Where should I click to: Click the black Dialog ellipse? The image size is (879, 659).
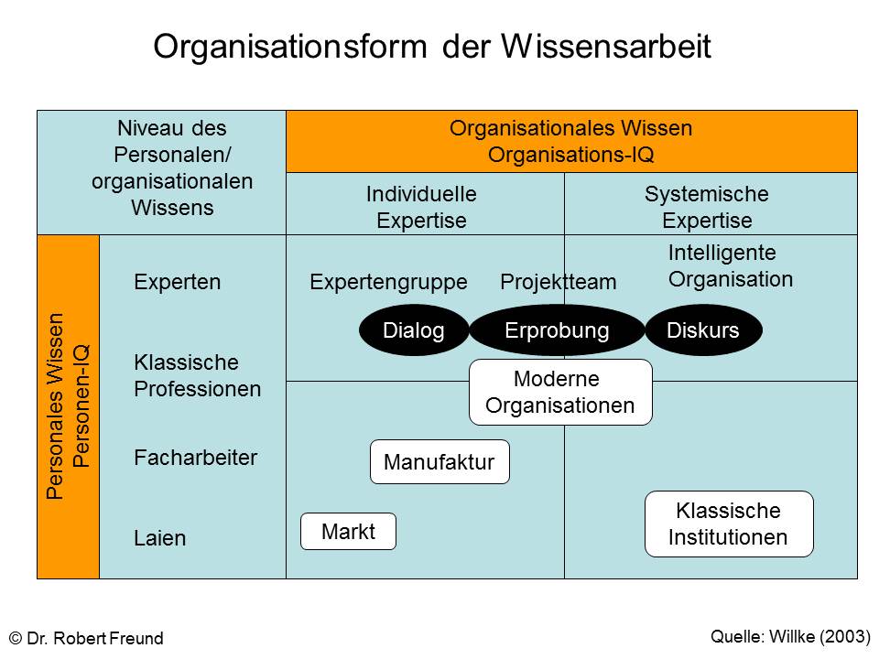[414, 330]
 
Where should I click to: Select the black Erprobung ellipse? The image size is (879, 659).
[557, 330]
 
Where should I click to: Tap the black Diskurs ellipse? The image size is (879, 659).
[703, 330]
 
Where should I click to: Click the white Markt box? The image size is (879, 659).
[348, 531]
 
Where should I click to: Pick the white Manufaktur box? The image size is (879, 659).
[439, 461]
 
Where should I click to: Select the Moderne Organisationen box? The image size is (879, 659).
[560, 393]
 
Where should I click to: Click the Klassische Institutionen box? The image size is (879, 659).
[729, 524]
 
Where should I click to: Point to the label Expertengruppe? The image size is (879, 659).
[388, 282]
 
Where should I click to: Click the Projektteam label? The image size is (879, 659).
[559, 282]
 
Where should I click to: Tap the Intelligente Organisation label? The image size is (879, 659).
[731, 266]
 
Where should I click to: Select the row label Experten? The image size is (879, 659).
[177, 282]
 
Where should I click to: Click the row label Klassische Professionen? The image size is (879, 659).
[198, 375]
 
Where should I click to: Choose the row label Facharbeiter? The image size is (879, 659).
[195, 458]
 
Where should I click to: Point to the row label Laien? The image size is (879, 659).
[159, 538]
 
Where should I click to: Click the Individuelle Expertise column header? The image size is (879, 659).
[421, 207]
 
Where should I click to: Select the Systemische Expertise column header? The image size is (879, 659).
[707, 207]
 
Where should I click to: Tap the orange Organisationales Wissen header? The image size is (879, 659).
[571, 141]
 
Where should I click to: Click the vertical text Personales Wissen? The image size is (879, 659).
[55, 406]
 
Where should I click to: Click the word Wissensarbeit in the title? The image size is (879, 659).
[606, 46]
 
